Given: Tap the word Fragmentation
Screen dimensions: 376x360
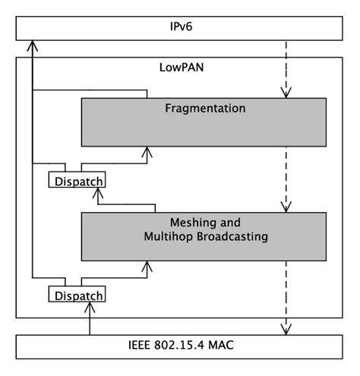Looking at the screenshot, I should (x=205, y=109).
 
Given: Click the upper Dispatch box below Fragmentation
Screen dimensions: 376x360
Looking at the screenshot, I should (x=76, y=181).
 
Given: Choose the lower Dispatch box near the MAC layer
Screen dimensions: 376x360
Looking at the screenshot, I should (x=76, y=294).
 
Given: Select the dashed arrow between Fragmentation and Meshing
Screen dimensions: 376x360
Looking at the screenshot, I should (x=286, y=179).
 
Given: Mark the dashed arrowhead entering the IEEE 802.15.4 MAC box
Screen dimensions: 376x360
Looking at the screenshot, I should (x=286, y=329).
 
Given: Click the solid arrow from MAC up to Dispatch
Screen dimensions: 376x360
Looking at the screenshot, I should (x=90, y=319).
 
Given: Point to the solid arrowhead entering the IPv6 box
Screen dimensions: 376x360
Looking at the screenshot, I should (x=32, y=46).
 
